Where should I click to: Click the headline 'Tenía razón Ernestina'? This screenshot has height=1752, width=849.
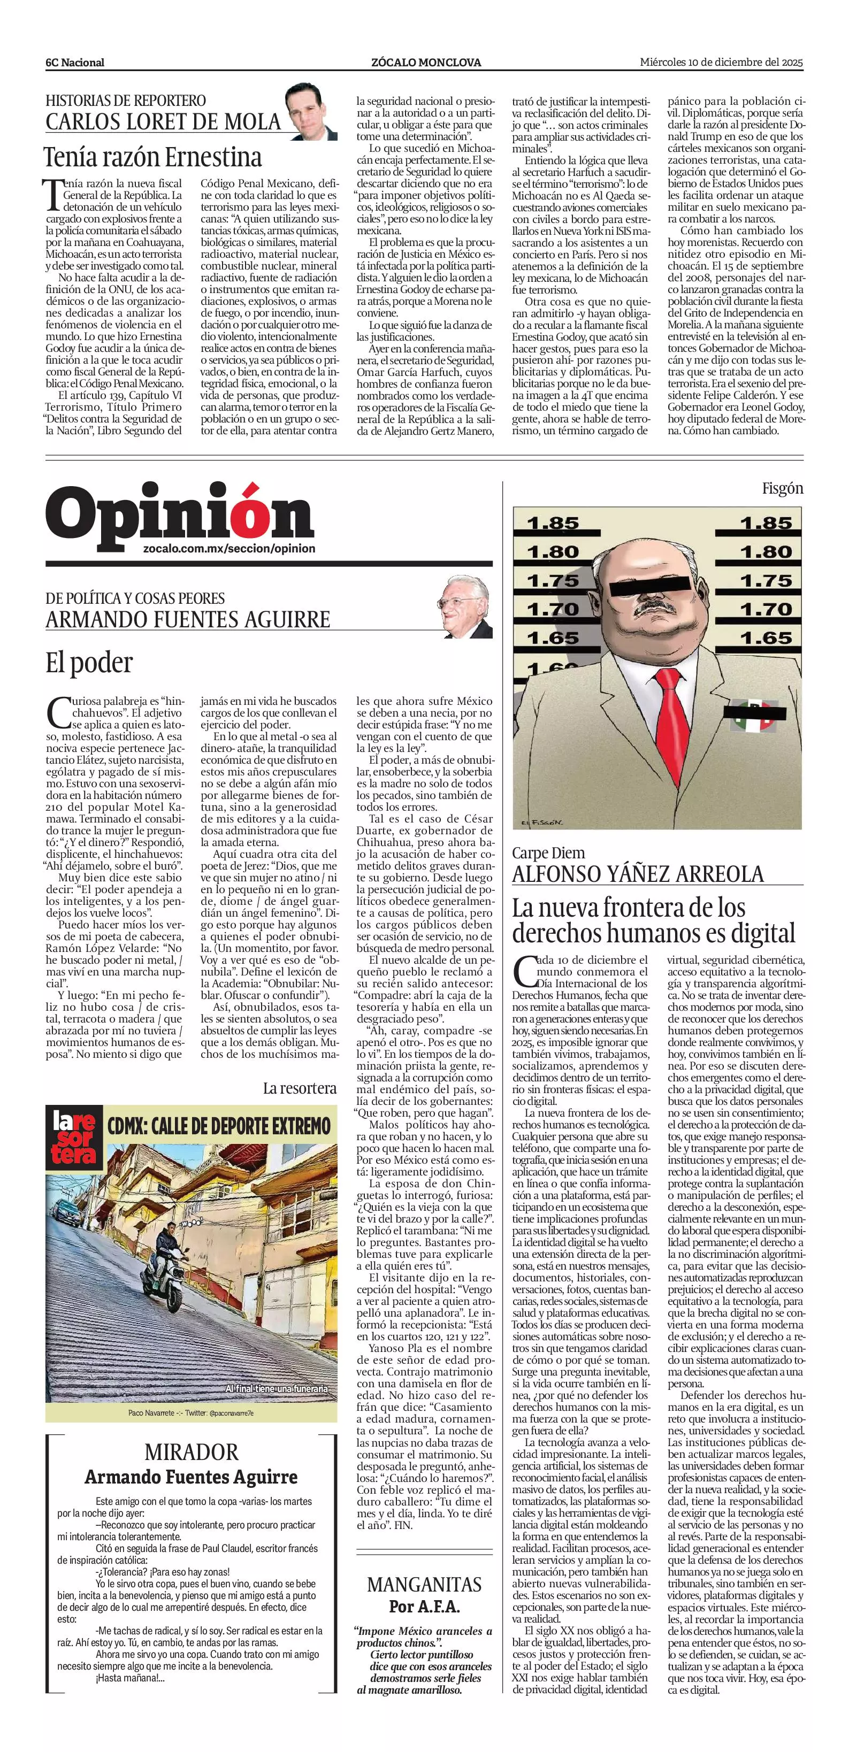(153, 157)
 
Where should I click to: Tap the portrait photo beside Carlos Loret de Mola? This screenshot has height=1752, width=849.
(311, 111)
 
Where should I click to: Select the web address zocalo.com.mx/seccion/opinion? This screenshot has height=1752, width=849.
(230, 548)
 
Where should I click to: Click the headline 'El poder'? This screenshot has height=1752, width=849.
(89, 662)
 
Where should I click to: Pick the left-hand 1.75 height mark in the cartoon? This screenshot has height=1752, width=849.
(553, 581)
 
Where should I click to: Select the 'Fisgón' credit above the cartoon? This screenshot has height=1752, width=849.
(782, 488)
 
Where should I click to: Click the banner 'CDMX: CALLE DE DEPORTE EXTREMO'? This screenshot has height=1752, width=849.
(219, 1126)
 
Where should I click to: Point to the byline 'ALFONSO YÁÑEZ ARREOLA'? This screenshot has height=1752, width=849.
(638, 874)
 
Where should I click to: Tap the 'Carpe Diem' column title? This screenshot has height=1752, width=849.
(548, 853)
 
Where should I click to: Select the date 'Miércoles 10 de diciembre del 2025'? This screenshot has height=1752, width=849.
(722, 62)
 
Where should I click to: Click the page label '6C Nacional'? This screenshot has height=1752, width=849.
(75, 63)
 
